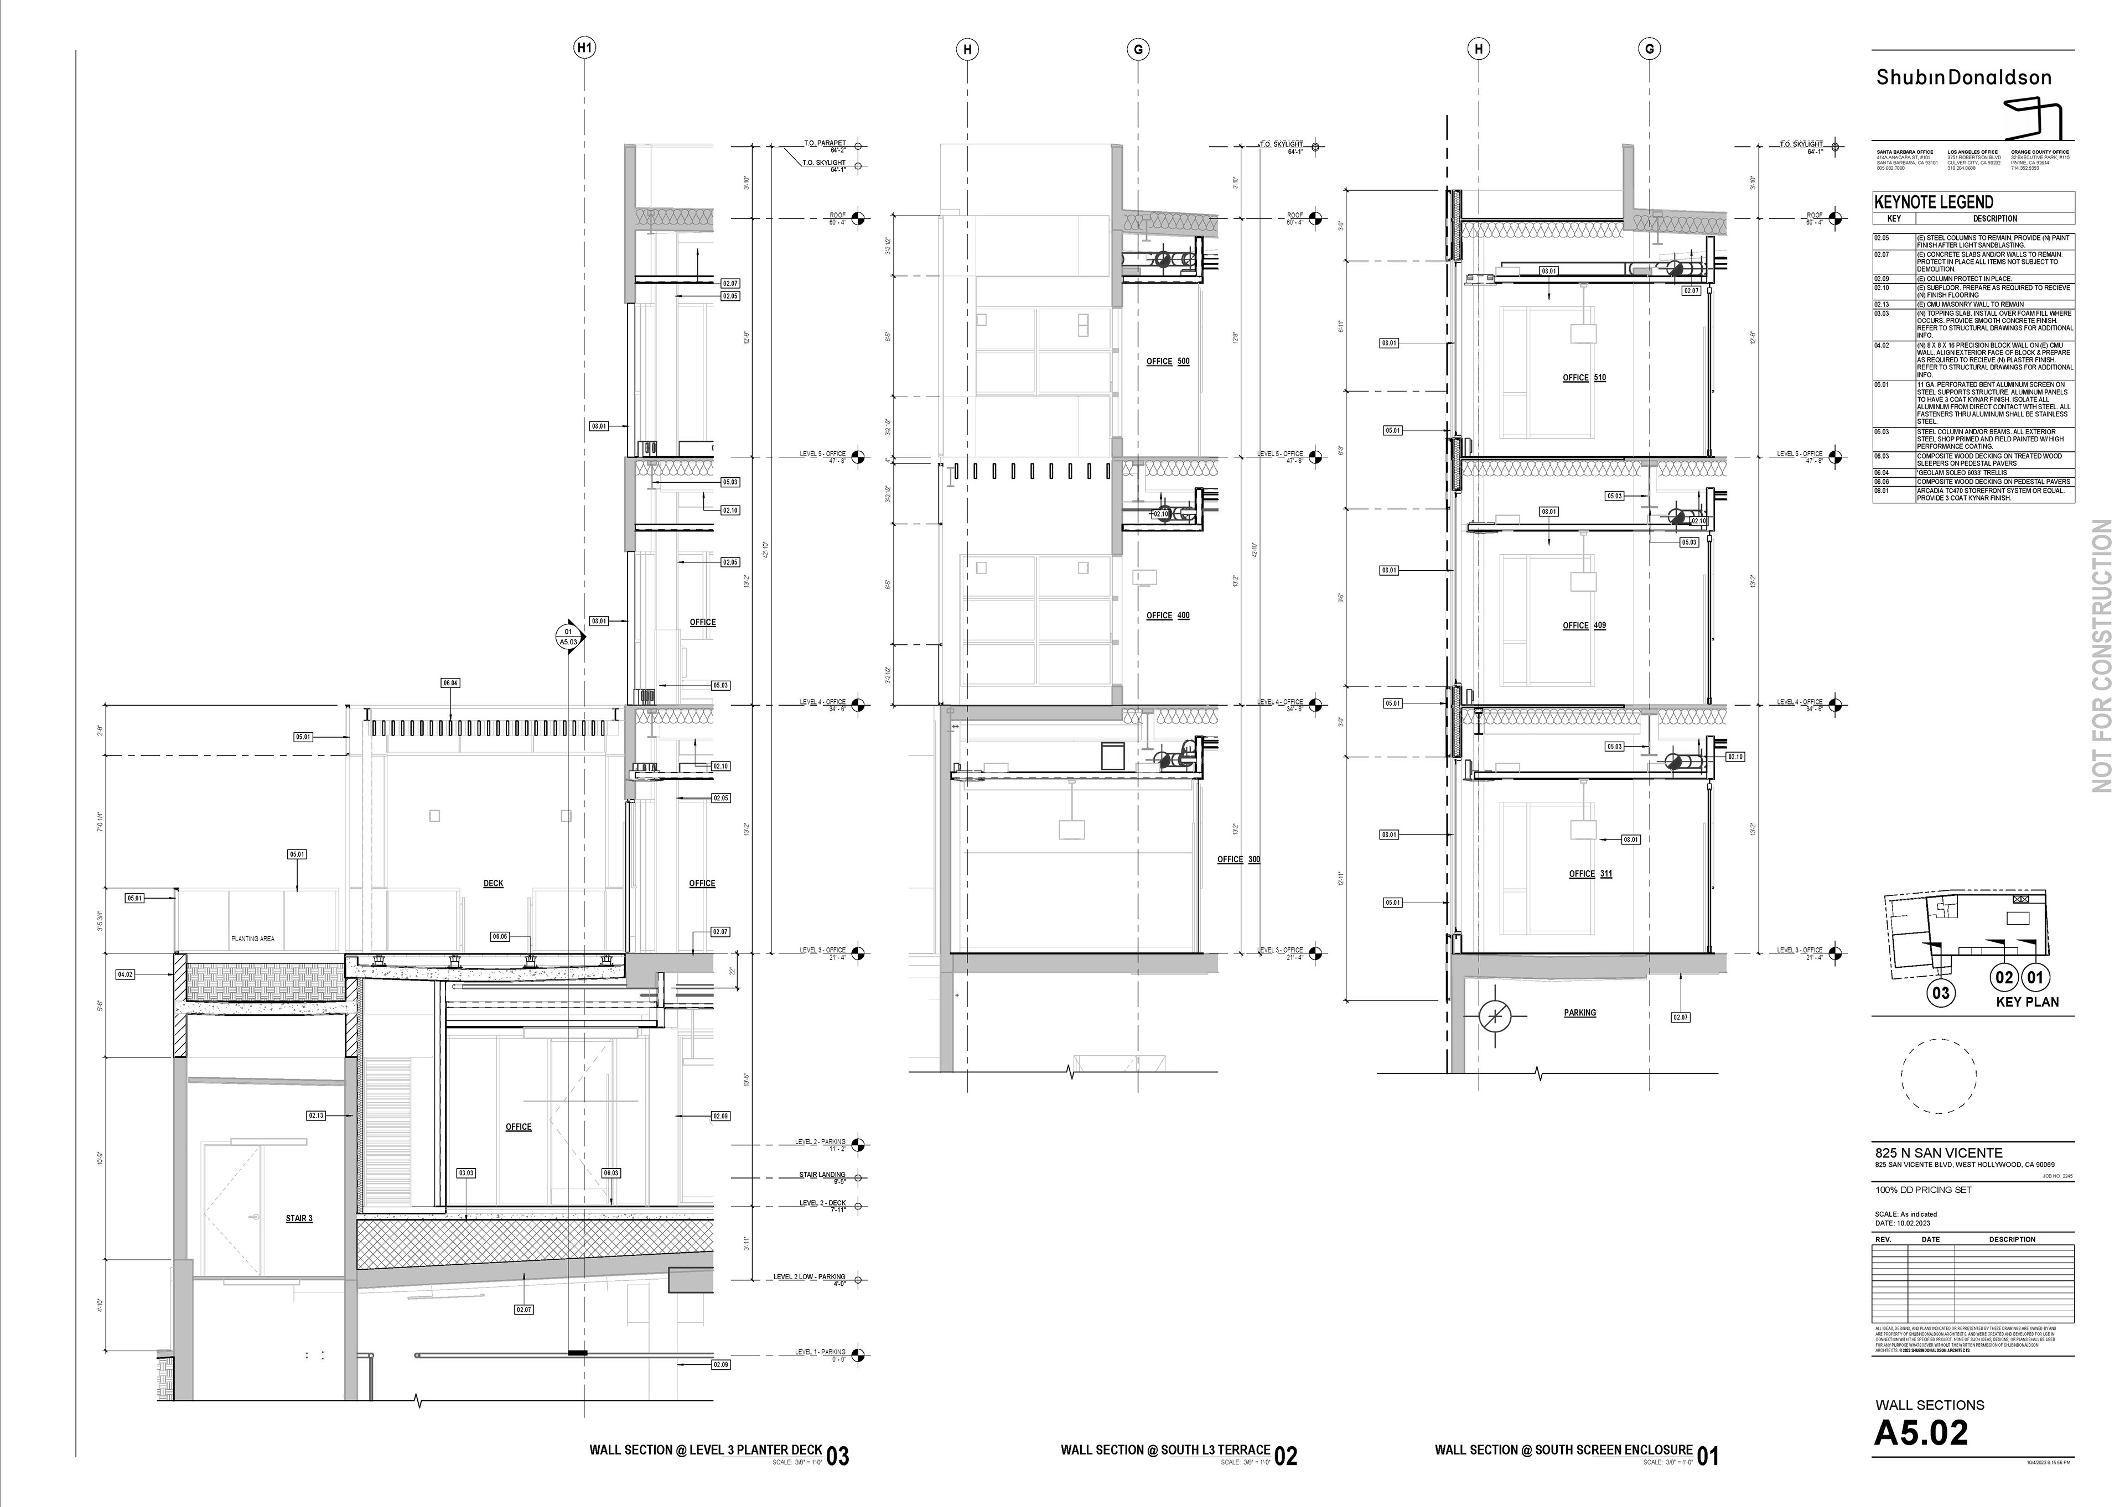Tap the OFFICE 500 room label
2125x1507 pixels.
coord(1167,361)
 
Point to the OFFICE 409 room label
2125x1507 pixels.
coord(1584,625)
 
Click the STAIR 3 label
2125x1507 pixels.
coord(299,1218)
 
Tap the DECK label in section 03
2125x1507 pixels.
coord(493,883)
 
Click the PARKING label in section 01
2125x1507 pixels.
coord(1579,1013)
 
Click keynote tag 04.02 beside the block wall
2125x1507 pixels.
coord(125,974)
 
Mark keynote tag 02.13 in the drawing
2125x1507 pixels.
coord(317,1115)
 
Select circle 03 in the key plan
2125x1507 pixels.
coord(1940,993)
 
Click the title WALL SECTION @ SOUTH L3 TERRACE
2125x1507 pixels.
coord(1165,1449)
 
